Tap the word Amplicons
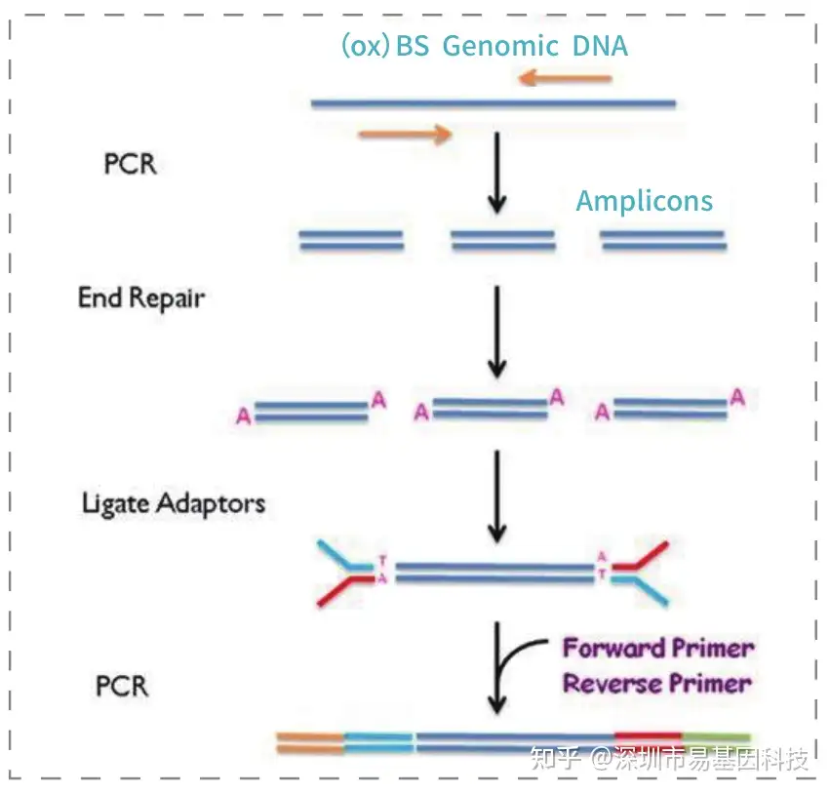pyautogui.click(x=644, y=202)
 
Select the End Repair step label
pyautogui.click(x=141, y=297)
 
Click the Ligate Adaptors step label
pyautogui.click(x=174, y=504)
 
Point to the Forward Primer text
pyautogui.click(x=658, y=648)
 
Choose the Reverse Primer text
pyautogui.click(x=656, y=683)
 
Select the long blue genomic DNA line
pyautogui.click(x=493, y=102)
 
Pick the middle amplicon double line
pyautogui.click(x=502, y=241)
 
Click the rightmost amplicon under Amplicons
pyautogui.click(x=663, y=241)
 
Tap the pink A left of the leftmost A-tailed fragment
pyautogui.click(x=243, y=416)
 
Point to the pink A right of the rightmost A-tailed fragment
pyautogui.click(x=738, y=396)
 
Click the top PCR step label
pyautogui.click(x=130, y=162)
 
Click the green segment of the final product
pyautogui.click(x=717, y=742)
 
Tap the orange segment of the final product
pyautogui.click(x=309, y=742)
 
